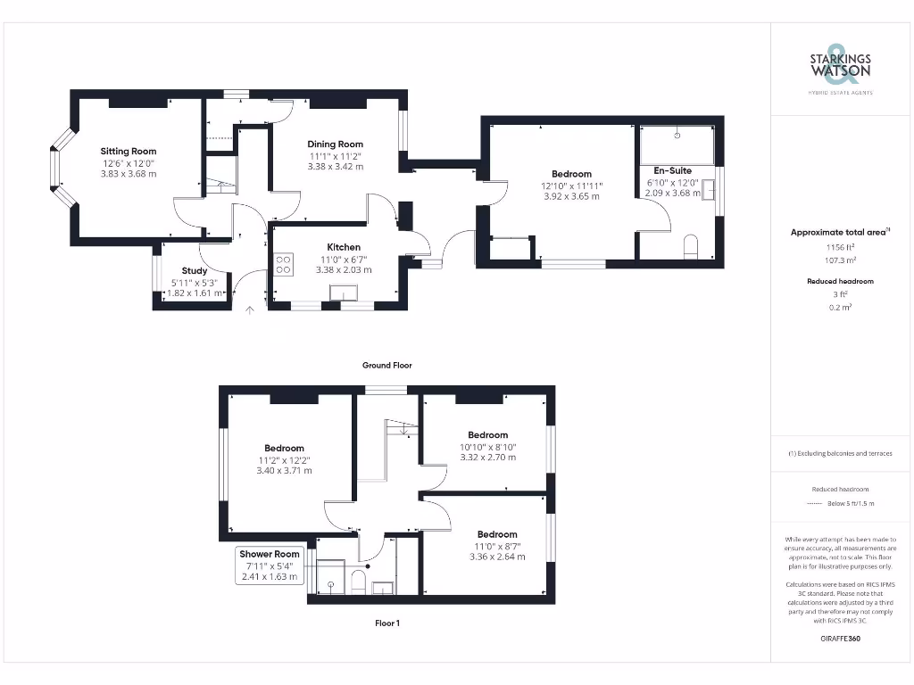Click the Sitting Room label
click(x=128, y=152)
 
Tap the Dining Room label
click(x=336, y=144)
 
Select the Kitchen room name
click(x=344, y=247)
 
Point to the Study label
click(x=195, y=270)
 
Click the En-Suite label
click(x=672, y=170)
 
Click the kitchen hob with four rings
click(x=283, y=264)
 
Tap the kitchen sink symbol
click(x=343, y=293)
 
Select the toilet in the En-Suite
click(x=690, y=246)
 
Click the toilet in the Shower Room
click(x=359, y=581)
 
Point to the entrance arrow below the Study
click(x=250, y=309)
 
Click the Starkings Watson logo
click(x=841, y=64)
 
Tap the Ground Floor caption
click(x=386, y=365)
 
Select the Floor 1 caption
click(x=386, y=623)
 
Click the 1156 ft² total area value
click(x=840, y=246)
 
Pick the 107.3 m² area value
click(x=840, y=260)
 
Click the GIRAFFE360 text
click(x=840, y=638)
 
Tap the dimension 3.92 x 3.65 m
click(x=571, y=196)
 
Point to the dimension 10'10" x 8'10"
click(x=487, y=447)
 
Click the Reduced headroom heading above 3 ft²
click(x=840, y=281)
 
